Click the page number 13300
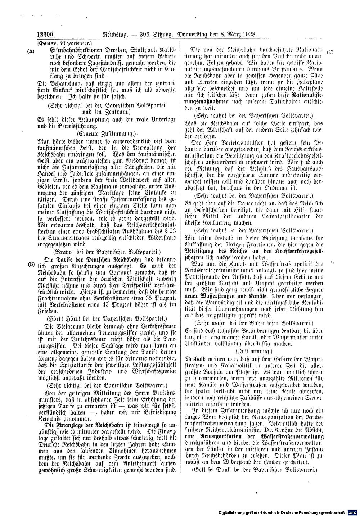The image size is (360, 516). [45, 35]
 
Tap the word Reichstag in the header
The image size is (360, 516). [116, 35]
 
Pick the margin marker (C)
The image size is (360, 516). [330, 52]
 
